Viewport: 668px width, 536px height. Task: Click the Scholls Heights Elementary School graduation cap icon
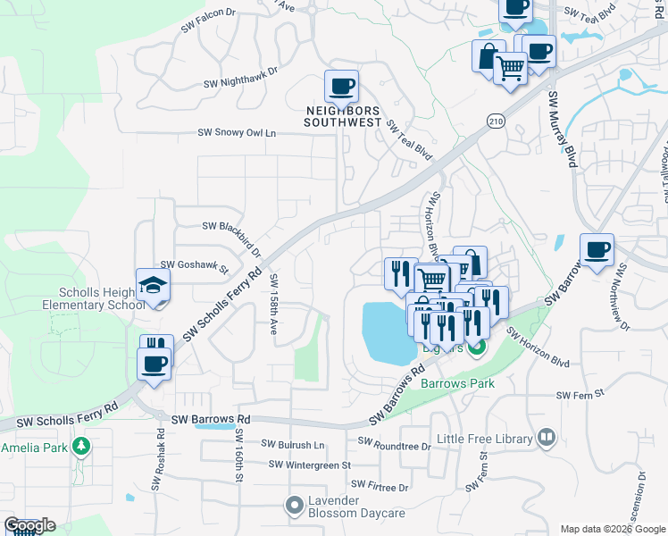[153, 286]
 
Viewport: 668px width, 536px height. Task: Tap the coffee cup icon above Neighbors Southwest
[341, 87]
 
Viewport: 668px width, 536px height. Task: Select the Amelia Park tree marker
[81, 446]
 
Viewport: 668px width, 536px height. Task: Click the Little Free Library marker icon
[546, 438]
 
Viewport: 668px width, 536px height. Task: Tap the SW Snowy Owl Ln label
[237, 132]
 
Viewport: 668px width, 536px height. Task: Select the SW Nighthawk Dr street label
[241, 79]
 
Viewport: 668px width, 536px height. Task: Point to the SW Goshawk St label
[195, 265]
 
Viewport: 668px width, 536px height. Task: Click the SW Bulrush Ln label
[295, 443]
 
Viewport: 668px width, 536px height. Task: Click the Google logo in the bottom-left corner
[29, 525]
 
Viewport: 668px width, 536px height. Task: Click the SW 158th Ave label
[274, 304]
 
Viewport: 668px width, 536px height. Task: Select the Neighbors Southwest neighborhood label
[344, 116]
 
